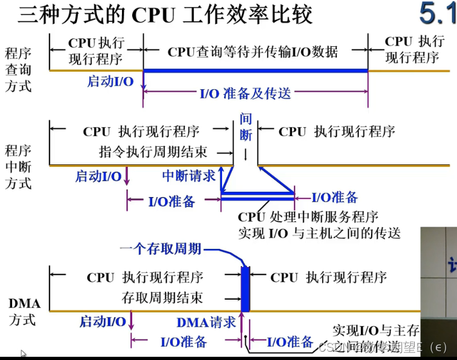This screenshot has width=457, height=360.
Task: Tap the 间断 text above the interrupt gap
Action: tap(245, 127)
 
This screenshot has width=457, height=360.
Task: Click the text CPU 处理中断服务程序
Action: tap(307, 217)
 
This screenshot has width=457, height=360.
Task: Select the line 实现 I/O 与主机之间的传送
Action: tap(319, 233)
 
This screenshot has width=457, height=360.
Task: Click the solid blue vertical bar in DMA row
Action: tap(245, 289)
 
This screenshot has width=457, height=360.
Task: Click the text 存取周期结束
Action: tap(162, 298)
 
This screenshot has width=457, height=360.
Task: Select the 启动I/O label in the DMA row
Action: tap(103, 321)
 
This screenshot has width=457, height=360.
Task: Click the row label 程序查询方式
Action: tap(17, 69)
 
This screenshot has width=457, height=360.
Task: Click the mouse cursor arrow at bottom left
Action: tap(24, 354)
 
